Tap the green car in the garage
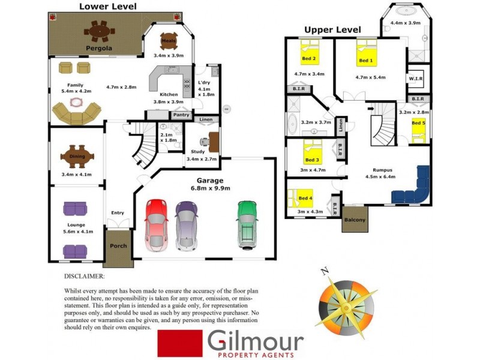[x=247, y=223]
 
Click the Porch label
[x=118, y=246]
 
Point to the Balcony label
[x=354, y=220]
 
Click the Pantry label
[x=181, y=115]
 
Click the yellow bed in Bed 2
[x=310, y=53]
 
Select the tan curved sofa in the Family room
[x=76, y=113]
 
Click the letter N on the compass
[x=325, y=271]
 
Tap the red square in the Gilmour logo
[x=179, y=343]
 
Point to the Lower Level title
[x=108, y=7]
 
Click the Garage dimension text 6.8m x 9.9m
[x=210, y=188]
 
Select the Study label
[x=198, y=152]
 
